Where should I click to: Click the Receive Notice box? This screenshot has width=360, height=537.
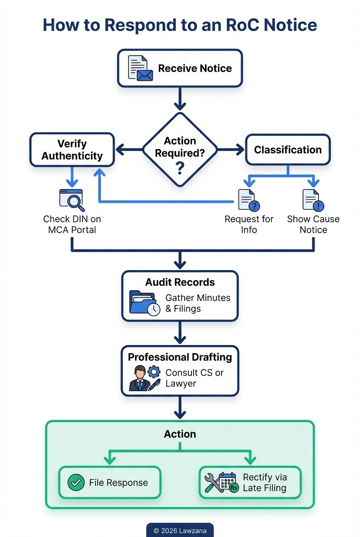pyautogui.click(x=180, y=68)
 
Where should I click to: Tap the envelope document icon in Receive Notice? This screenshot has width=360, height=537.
pyautogui.click(x=140, y=68)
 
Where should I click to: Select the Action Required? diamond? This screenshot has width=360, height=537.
pyautogui.click(x=180, y=150)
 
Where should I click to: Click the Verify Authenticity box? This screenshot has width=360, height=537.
pyautogui.click(x=72, y=150)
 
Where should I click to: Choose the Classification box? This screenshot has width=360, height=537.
pyautogui.click(x=287, y=150)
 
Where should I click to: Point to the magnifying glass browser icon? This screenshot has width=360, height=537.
pyautogui.click(x=72, y=200)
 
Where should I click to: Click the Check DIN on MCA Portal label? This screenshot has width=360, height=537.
pyautogui.click(x=72, y=224)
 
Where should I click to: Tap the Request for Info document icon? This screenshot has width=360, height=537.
pyautogui.click(x=249, y=200)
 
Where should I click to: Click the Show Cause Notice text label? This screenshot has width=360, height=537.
pyautogui.click(x=313, y=224)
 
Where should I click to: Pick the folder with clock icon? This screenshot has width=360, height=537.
pyautogui.click(x=144, y=302)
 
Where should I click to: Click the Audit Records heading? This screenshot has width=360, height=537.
pyautogui.click(x=180, y=283)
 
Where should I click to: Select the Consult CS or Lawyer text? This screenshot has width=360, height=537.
pyautogui.click(x=194, y=378)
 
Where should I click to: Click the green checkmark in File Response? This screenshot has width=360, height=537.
pyautogui.click(x=76, y=483)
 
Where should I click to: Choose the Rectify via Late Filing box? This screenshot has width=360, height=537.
pyautogui.click(x=250, y=483)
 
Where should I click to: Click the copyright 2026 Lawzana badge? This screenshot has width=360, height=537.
pyautogui.click(x=180, y=531)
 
